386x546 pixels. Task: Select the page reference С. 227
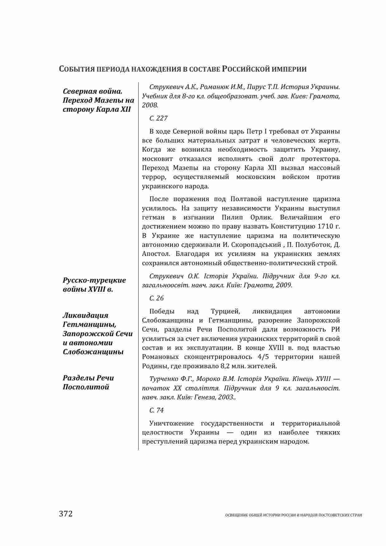coord(158,118)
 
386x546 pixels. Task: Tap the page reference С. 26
coord(156,298)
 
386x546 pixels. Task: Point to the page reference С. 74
coord(156,410)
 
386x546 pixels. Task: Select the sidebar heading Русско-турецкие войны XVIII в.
coord(94,285)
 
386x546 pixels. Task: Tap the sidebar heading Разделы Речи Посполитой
coord(88,382)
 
